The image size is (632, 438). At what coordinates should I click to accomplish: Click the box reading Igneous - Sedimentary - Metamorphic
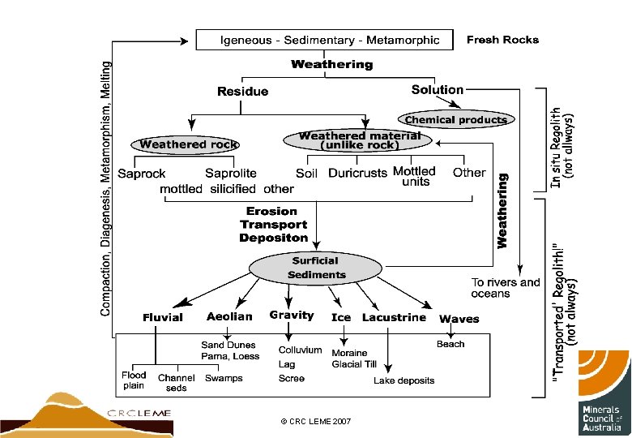[x=331, y=40]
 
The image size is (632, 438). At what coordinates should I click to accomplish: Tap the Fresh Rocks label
[x=502, y=40]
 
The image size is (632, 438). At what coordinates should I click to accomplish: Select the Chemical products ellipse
[x=456, y=120]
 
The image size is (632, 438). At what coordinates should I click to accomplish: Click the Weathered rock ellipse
[x=188, y=144]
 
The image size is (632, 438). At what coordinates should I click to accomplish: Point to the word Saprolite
[x=231, y=173]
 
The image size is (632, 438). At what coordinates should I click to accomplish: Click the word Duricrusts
[x=357, y=173]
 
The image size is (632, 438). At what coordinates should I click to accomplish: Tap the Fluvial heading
[x=163, y=318]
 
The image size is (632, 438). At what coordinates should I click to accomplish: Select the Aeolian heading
[x=229, y=316]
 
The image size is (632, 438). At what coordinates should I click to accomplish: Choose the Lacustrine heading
[x=394, y=317]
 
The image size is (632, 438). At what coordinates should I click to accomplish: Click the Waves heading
[x=459, y=319]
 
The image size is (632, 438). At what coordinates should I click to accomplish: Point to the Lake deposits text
[x=404, y=380]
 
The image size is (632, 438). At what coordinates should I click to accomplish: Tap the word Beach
[x=451, y=344]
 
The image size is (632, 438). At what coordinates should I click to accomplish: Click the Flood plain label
[x=134, y=380]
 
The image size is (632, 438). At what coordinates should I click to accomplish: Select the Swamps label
[x=224, y=378]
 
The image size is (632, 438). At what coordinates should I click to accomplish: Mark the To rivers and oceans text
[x=506, y=288]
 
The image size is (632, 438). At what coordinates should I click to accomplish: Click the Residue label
[x=242, y=92]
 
